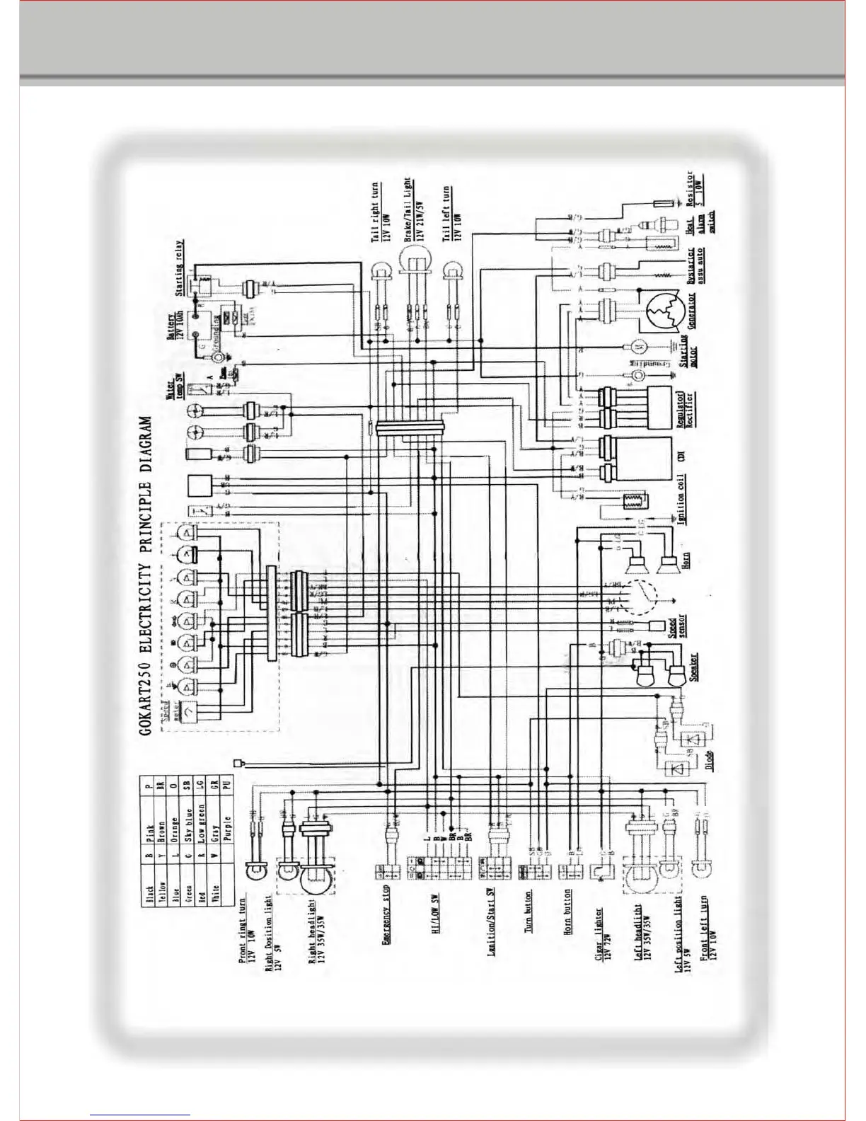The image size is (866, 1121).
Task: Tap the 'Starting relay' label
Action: coord(180,268)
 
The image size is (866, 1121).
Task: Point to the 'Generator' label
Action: coord(691,310)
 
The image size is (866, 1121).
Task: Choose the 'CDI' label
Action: coord(681,457)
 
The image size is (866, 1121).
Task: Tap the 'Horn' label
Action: coord(686,560)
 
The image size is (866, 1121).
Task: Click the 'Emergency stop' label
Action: coord(386,914)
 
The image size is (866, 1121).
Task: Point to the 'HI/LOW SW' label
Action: coord(436,913)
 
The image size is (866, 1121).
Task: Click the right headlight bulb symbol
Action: coord(316,882)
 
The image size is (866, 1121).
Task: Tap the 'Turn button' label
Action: coord(528,912)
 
